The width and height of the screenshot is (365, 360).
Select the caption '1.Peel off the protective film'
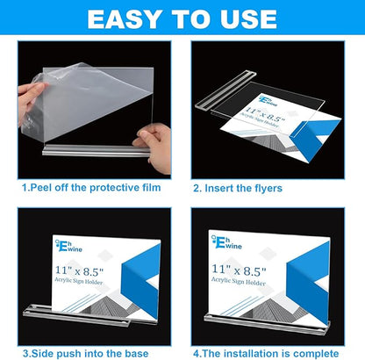[x=90, y=186]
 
